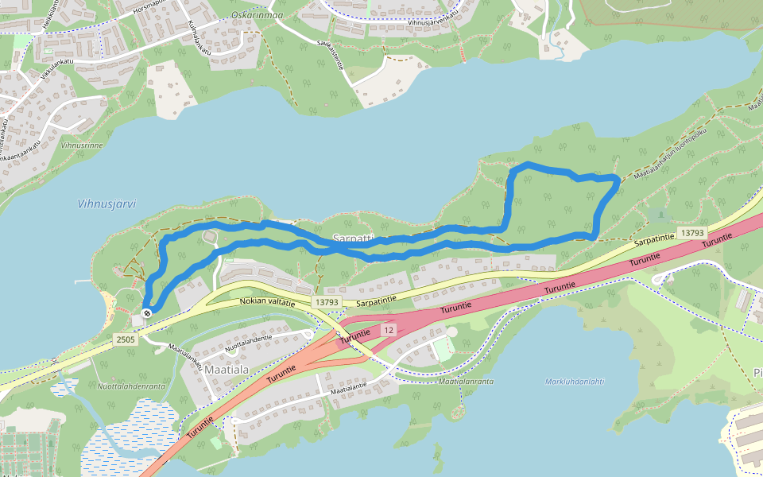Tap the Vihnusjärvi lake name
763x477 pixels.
click(x=107, y=204)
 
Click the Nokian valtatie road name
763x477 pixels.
click(x=267, y=302)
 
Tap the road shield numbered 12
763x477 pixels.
click(x=387, y=329)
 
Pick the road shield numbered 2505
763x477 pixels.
click(x=126, y=339)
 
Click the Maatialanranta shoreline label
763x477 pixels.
click(x=466, y=382)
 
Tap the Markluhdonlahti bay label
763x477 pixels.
click(x=575, y=382)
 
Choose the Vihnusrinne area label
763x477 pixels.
click(x=82, y=146)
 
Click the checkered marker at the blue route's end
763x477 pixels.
click(x=147, y=312)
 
